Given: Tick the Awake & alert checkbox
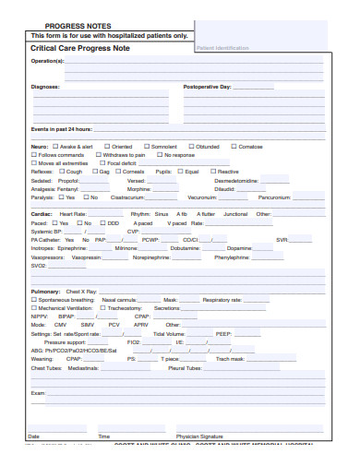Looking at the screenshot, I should point(55,146).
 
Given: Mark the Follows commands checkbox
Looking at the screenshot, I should point(34,154).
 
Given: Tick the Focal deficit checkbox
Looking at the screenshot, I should point(102,162).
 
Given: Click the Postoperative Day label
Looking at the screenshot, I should point(208,87).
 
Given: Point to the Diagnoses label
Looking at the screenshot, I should point(45,87).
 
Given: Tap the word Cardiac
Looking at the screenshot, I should point(42,213).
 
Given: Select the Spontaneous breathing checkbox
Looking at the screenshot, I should point(34,300).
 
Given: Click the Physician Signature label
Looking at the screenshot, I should point(199,436).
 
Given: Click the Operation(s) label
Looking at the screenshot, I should point(48,61).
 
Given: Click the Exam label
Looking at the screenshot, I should point(38,392).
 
